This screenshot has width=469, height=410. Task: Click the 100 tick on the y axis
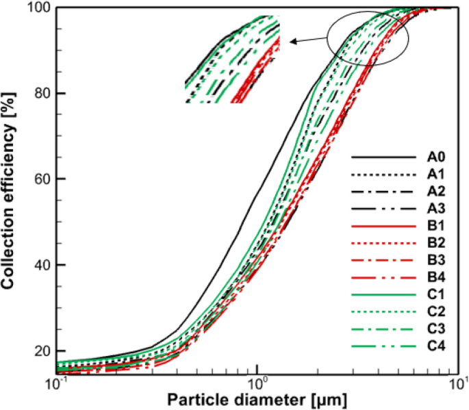point(38,8)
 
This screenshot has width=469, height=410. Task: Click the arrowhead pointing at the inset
point(292,42)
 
